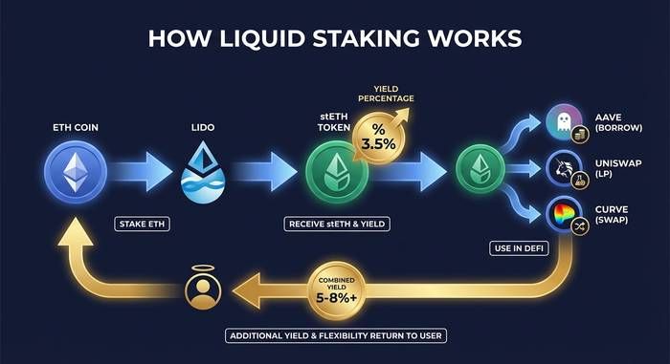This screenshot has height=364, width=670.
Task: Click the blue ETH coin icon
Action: click(x=76, y=172)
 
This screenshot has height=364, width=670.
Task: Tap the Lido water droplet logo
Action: click(x=203, y=172)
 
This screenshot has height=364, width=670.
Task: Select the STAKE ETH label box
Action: click(x=142, y=224)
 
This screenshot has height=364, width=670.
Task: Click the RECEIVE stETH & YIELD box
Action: click(x=337, y=224)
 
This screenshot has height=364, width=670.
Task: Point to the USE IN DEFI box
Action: click(x=519, y=248)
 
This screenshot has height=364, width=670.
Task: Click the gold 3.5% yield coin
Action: click(x=379, y=138)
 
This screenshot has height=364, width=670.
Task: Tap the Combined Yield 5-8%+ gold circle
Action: click(x=337, y=291)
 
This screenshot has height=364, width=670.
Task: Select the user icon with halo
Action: click(x=203, y=288)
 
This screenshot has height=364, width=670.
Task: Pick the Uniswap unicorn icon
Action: click(x=564, y=169)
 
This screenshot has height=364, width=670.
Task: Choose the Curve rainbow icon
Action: click(x=564, y=215)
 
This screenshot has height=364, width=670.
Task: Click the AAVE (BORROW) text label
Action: click(x=618, y=122)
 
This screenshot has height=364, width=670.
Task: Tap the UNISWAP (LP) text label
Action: click(x=618, y=168)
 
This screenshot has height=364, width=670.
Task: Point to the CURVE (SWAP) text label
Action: click(x=612, y=215)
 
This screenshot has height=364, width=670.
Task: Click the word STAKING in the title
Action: click(x=367, y=38)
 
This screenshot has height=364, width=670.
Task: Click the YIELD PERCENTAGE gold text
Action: click(x=386, y=94)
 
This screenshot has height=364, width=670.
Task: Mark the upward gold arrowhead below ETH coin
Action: click(x=76, y=232)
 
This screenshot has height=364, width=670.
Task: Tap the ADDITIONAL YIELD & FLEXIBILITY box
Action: click(x=336, y=336)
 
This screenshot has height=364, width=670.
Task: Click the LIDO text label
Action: click(x=203, y=127)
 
